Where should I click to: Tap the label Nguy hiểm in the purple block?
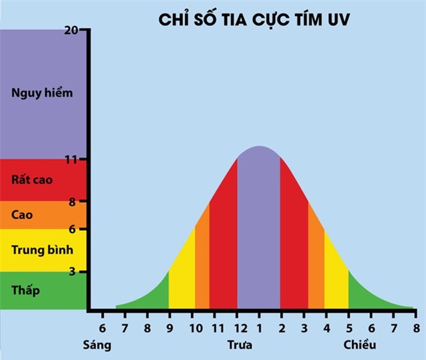tap(42, 93)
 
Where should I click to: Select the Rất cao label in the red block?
tap(32, 180)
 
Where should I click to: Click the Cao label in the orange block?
tap(22, 215)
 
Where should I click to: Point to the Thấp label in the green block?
tap(26, 290)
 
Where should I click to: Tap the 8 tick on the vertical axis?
tap(82, 202)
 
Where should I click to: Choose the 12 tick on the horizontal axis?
tap(237, 328)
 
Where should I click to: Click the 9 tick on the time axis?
tap(170, 328)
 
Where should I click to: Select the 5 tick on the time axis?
tap(349, 328)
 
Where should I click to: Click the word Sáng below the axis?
tap(97, 345)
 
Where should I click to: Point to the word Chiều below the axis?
tap(360, 345)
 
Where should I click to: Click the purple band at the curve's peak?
tap(259, 226)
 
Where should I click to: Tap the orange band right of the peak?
tap(316, 260)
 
